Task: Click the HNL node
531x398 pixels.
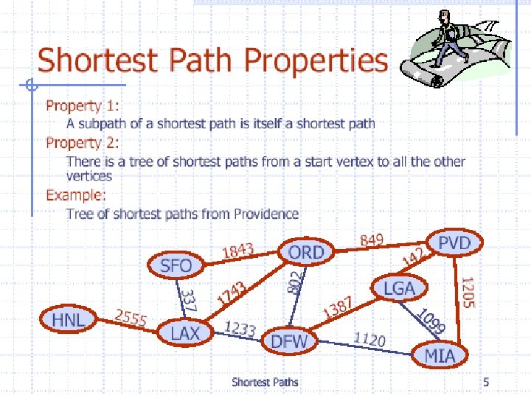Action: (69, 319)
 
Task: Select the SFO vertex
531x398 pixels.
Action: (176, 265)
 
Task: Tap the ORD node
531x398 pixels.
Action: (306, 253)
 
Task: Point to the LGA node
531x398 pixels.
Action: (399, 288)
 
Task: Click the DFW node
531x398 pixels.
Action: (290, 341)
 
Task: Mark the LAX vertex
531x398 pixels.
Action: (185, 333)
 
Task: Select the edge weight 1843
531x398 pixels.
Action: (238, 252)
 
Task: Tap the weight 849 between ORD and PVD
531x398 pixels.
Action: (372, 240)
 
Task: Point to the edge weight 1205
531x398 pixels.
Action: (468, 292)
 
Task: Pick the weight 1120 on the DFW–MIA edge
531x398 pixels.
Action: (369, 339)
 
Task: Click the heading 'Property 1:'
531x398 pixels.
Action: (83, 107)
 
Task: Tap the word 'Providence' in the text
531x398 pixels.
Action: (266, 214)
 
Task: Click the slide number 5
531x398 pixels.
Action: (486, 381)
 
